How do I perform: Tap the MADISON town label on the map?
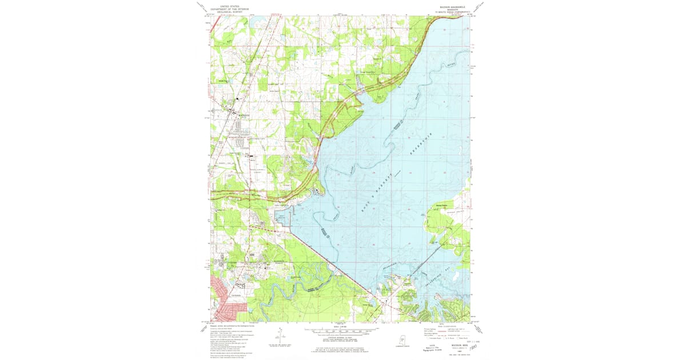(x=236, y=113)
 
